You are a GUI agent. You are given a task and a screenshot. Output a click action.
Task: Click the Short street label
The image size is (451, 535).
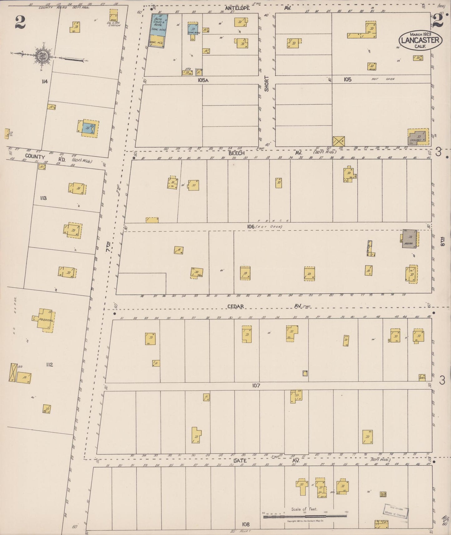point(267,84)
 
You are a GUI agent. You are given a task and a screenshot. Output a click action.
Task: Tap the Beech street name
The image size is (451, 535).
point(236,153)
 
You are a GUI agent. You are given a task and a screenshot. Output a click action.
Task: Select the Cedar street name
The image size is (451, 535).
point(235,307)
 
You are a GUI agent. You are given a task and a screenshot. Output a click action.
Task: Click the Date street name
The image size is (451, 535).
point(240,461)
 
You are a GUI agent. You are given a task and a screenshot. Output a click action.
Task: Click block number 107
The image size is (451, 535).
point(256,386)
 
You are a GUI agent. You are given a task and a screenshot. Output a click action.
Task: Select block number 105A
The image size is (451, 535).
point(203,80)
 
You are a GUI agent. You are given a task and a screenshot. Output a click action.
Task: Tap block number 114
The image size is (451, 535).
point(44,82)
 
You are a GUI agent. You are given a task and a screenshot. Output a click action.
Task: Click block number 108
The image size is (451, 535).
point(246,524)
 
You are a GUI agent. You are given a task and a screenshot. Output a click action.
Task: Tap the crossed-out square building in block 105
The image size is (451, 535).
point(339,141)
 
